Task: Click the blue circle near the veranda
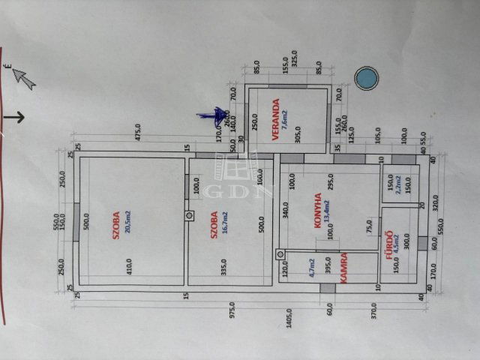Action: pyautogui.click(x=367, y=78)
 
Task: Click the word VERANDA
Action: pyautogui.click(x=276, y=121)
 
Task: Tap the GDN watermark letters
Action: pyautogui.click(x=236, y=189)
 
